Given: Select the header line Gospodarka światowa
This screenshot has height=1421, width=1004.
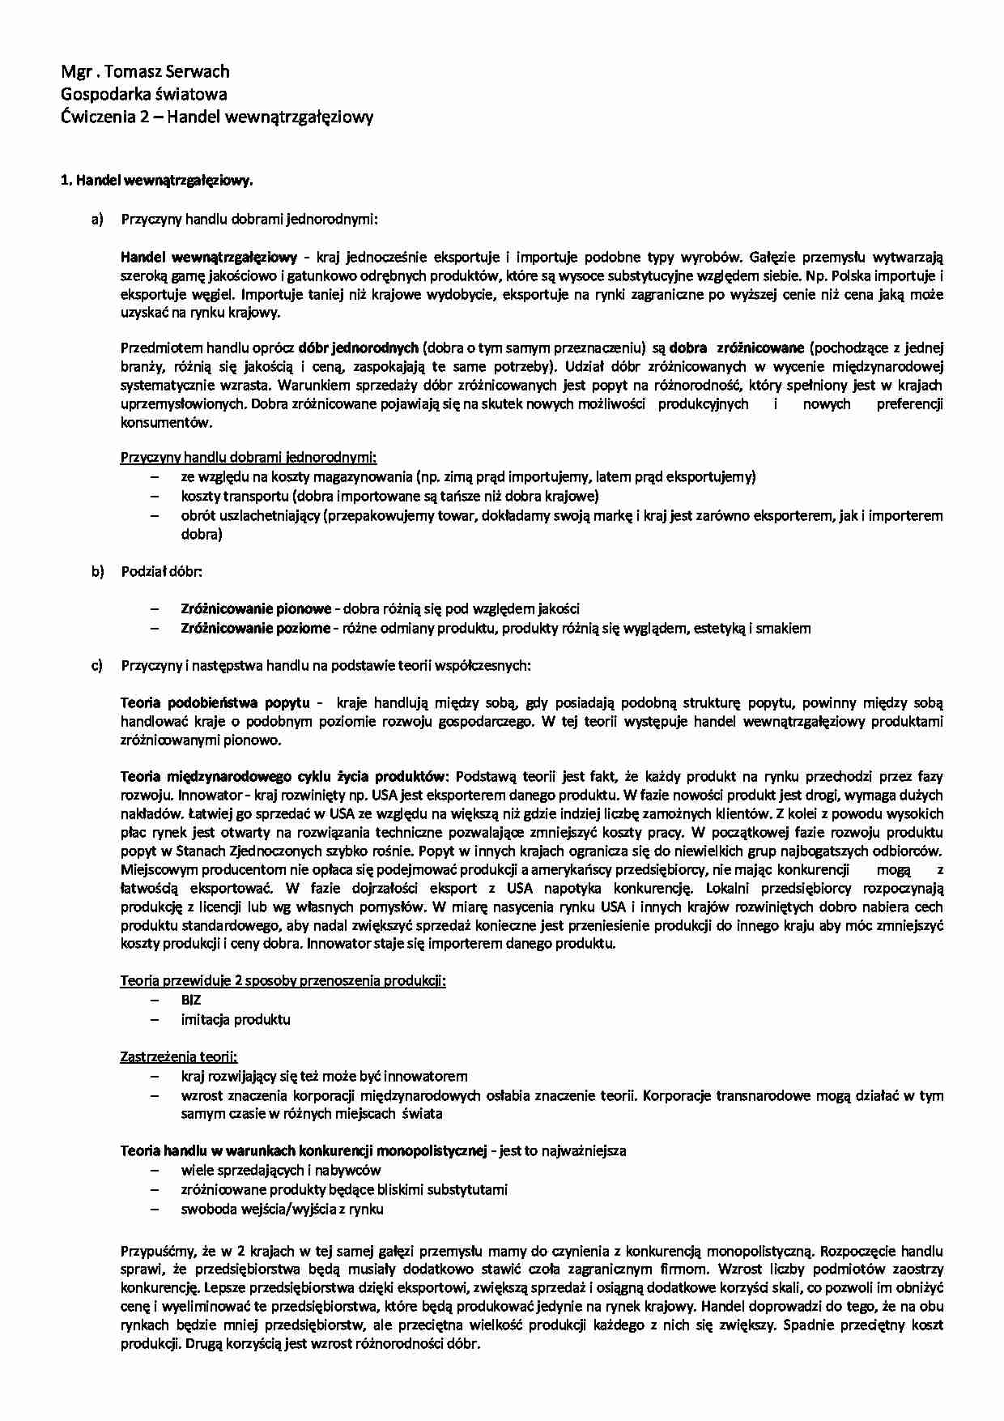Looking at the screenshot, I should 144,94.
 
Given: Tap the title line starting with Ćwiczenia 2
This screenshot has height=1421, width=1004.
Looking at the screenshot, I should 217,117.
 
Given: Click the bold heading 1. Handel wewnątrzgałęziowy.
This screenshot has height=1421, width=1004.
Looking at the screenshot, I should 158,181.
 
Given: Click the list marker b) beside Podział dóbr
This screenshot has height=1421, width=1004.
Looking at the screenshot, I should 98,572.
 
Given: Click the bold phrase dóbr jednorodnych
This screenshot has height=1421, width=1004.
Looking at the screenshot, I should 358,348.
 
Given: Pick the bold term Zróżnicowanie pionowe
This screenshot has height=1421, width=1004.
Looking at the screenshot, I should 255,609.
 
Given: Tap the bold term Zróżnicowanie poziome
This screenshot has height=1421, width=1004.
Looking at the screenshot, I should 255,629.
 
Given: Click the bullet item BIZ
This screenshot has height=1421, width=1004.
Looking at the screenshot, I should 191,1001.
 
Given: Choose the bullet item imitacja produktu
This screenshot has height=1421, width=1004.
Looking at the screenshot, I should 236,1020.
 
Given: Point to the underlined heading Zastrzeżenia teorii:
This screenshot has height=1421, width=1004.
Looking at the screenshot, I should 179,1057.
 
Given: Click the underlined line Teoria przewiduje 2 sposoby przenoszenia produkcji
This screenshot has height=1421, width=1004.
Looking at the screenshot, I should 283,981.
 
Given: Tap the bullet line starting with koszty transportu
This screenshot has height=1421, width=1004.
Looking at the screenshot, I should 389,497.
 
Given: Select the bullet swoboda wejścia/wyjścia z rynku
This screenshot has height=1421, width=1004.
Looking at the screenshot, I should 282,1210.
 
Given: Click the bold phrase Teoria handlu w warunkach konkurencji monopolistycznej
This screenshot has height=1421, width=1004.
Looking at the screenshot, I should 303,1151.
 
